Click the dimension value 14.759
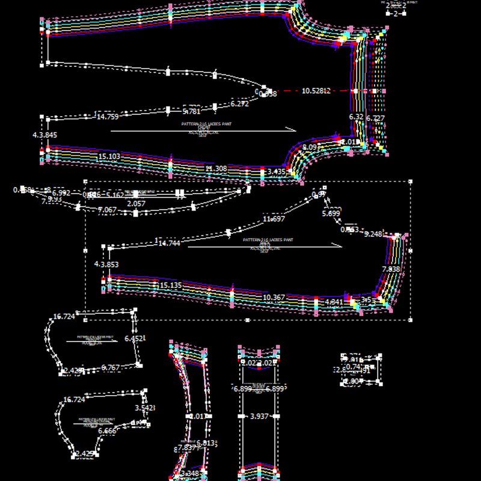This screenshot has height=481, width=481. point(108,117)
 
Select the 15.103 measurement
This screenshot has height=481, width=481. point(109,157)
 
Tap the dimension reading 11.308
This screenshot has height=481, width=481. point(216,169)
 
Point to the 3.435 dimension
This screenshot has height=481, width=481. point(277,172)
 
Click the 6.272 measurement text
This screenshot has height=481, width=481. point(239,104)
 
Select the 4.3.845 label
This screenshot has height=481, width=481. point(44,135)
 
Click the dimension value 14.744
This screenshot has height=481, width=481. point(168,243)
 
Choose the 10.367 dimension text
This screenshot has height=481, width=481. point(274,298)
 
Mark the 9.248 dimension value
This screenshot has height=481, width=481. point(373,234)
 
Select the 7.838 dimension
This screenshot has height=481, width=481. point(391,269)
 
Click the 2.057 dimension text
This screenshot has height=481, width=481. point(136,204)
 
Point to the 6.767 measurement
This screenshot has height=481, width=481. point(111,367)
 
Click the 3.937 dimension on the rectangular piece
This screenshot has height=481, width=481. point(259,416)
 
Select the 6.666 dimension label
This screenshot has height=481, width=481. point(108,431)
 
